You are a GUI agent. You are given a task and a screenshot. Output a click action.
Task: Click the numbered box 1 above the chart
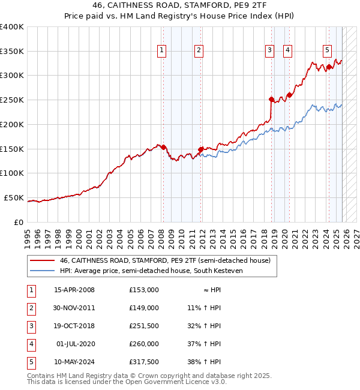(x=162, y=51)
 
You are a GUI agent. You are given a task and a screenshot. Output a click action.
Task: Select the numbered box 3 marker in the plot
(x=270, y=51)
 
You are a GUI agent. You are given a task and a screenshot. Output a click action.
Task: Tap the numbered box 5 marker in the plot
(x=327, y=51)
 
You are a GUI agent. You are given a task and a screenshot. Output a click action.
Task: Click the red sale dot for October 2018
(x=271, y=99)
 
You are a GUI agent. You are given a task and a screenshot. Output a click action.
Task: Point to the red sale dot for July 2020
(x=289, y=94)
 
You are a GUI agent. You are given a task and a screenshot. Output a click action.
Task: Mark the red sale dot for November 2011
(x=200, y=149)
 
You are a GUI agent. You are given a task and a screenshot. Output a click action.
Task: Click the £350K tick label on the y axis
(x=12, y=52)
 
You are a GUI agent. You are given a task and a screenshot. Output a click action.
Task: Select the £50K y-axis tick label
(x=14, y=197)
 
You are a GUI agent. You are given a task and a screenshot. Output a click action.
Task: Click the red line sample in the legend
(x=42, y=261)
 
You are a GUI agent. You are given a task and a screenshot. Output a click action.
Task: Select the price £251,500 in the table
(x=143, y=326)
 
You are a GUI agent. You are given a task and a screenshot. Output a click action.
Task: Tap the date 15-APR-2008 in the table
(x=74, y=290)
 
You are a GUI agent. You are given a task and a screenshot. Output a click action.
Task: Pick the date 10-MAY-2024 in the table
(x=74, y=362)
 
